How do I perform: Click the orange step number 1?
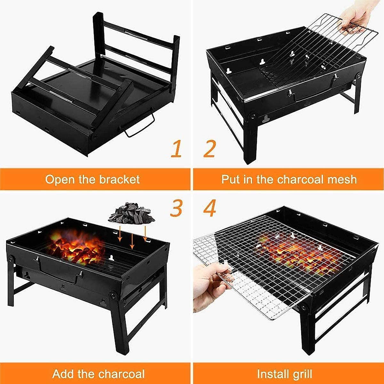point(176,149)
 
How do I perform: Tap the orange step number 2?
point(210,149)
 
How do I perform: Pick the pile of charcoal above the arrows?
point(132,213)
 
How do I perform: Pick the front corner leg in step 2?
point(251,141)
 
